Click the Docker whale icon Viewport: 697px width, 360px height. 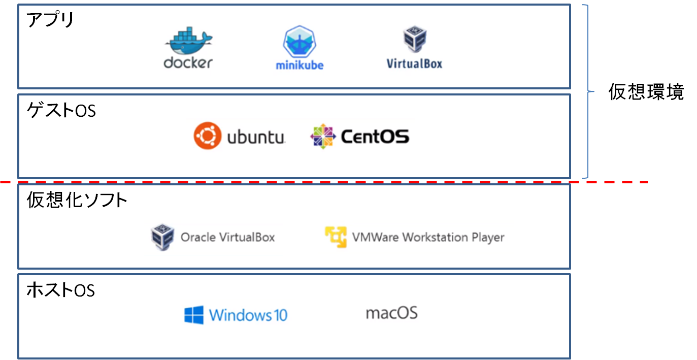click(x=188, y=42)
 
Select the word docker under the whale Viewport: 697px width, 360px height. click(x=188, y=63)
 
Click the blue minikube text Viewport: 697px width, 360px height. click(x=300, y=65)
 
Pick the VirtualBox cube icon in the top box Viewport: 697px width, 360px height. click(x=414, y=40)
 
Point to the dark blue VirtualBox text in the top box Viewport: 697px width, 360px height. click(x=414, y=63)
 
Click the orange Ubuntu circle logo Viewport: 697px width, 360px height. click(x=208, y=136)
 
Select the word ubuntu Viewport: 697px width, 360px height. click(x=255, y=137)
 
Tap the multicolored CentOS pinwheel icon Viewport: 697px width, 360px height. click(x=323, y=136)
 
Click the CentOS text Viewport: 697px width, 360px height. click(x=375, y=136)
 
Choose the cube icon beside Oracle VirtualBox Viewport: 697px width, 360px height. click(x=162, y=238)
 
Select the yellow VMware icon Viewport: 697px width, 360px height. click(x=336, y=237)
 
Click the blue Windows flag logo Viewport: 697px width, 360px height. click(x=194, y=315)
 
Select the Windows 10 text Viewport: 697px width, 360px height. click(x=248, y=315)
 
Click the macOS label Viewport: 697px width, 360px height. click(x=392, y=312)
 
